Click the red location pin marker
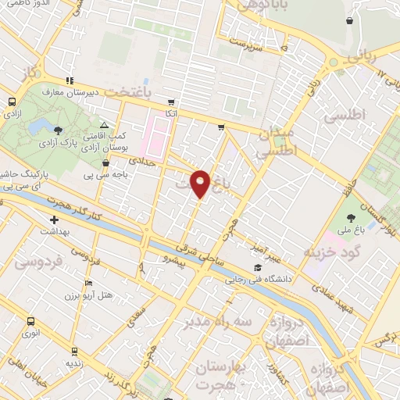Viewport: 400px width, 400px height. click(201, 184)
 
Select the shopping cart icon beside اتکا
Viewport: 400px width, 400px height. click(170, 102)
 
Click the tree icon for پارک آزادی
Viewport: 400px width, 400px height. click(59, 130)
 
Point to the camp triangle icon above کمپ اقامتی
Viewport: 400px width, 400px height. click(104, 125)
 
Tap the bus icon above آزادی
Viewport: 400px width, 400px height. click(12, 102)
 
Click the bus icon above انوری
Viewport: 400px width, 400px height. click(30, 321)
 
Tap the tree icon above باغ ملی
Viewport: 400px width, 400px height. click(349, 218)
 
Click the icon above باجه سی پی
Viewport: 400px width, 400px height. click(105, 163)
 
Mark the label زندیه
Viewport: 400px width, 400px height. click(73, 363)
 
